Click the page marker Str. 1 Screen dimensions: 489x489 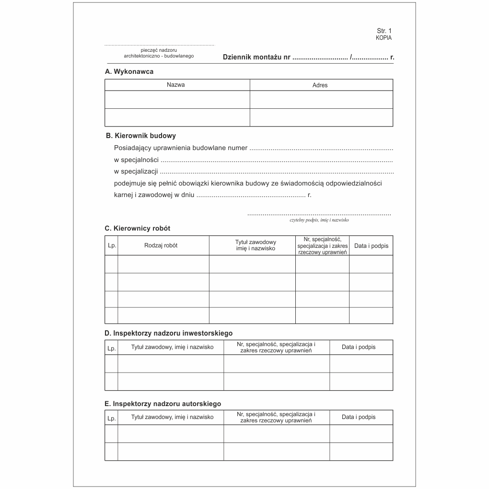coord(384,31)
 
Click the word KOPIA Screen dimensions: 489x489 coord(384,37)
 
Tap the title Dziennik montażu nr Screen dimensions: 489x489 coord(256,58)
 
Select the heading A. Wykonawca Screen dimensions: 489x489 coord(129,71)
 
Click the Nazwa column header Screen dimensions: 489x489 coord(175,85)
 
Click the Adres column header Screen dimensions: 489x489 coord(320,85)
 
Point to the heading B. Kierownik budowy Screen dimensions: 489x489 coord(141,136)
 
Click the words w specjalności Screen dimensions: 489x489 coord(136,160)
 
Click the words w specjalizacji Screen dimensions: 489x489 coord(136,171)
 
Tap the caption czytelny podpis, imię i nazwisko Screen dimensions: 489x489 coord(319,220)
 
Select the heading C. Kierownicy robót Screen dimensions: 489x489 coord(137,228)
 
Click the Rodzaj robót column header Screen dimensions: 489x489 coord(161,245)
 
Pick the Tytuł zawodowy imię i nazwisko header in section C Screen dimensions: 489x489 coord(256,245)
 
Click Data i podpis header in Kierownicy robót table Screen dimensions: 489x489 coord(371,246)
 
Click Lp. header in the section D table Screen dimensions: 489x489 coord(111,349)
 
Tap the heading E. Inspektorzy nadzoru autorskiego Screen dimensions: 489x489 coord(163,404)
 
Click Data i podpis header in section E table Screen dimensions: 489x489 coord(359,417)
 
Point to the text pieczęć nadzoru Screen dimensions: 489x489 coord(159,50)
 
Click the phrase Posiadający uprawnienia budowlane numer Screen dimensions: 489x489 coord(181,148)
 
